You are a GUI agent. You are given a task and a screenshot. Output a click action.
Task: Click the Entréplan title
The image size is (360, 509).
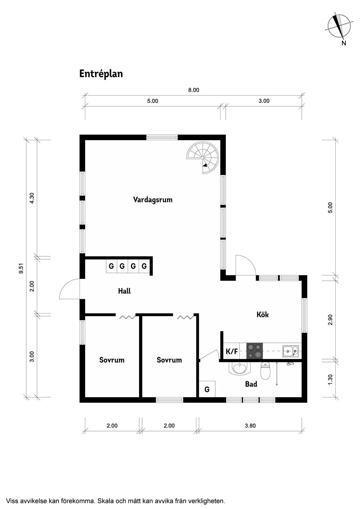[x=101, y=74]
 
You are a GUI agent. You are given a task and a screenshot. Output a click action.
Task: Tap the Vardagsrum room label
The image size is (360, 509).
[x=153, y=199]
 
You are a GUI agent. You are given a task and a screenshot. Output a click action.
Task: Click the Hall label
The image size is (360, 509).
[x=124, y=291]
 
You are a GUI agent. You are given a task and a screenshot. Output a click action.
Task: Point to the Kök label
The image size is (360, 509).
[x=262, y=314]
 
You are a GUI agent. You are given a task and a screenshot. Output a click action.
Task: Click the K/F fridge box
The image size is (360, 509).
[x=232, y=352]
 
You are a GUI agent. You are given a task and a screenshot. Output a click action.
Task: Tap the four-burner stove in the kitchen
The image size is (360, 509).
[x=255, y=352]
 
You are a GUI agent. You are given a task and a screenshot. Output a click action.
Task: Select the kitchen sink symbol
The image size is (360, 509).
[x=291, y=351]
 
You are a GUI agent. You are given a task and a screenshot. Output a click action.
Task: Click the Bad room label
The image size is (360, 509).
[x=251, y=384]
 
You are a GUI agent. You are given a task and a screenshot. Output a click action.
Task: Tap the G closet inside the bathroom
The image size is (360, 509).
[x=207, y=390]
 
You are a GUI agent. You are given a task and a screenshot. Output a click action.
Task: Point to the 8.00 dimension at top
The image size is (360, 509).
[x=193, y=90]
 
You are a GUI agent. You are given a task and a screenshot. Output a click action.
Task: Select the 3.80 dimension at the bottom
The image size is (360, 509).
[x=250, y=425]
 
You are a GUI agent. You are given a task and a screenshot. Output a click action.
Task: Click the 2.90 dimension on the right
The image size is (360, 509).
[x=330, y=319]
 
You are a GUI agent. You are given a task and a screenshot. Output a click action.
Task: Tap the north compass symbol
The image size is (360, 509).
[x=339, y=26]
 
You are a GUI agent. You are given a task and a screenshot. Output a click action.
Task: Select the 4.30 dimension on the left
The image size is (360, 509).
[x=32, y=198]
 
